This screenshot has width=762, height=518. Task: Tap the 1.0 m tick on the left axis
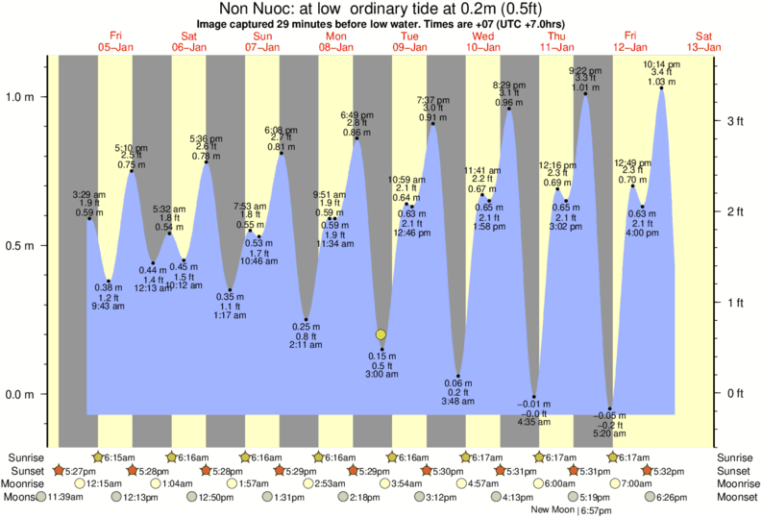point(22,97)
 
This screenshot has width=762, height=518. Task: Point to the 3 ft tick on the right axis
point(735,121)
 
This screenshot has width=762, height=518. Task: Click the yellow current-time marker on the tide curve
point(381,334)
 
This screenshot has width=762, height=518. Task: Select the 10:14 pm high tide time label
point(661,64)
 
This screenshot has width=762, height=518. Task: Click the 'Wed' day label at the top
point(483,36)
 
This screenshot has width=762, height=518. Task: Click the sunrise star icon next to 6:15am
point(96,457)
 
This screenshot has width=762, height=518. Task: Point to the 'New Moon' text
point(553,510)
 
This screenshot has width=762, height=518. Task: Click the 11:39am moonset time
point(63,498)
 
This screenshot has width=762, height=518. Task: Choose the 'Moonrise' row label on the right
point(736,484)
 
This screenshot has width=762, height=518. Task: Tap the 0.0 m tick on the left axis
point(22,395)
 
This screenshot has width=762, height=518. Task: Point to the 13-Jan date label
point(705,46)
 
